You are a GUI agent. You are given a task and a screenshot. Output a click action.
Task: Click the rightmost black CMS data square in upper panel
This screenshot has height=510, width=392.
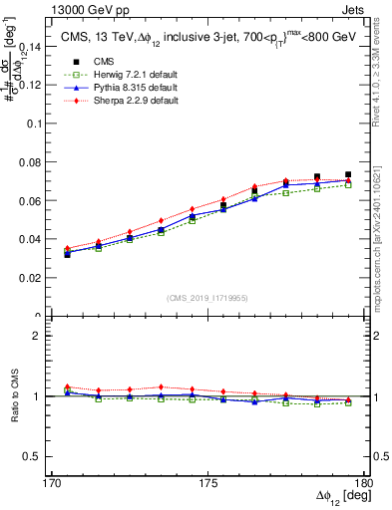348,174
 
